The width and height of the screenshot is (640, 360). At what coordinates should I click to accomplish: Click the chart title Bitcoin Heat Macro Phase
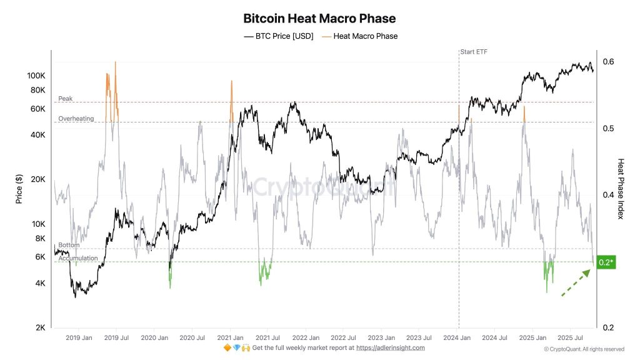319,19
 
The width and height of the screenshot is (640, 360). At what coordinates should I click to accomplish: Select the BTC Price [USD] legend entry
278,36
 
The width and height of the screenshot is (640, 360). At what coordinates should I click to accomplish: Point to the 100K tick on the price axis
36,76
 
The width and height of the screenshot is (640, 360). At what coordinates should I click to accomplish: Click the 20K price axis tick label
37,179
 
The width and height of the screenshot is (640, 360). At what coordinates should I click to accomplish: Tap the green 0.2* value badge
606,262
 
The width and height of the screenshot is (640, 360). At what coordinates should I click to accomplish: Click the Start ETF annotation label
473,52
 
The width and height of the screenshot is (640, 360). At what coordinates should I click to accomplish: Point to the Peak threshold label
65,99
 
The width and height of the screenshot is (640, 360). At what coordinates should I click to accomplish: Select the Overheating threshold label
76,119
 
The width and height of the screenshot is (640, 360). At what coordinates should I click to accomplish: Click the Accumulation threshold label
77,258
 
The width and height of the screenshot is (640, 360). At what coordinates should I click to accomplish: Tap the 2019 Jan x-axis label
79,337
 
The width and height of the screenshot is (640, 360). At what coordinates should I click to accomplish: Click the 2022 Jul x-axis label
344,337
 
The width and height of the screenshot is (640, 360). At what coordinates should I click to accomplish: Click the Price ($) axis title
19,187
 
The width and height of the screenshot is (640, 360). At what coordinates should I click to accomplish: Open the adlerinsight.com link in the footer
390,348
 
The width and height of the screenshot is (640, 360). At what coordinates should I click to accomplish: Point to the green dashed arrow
575,282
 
